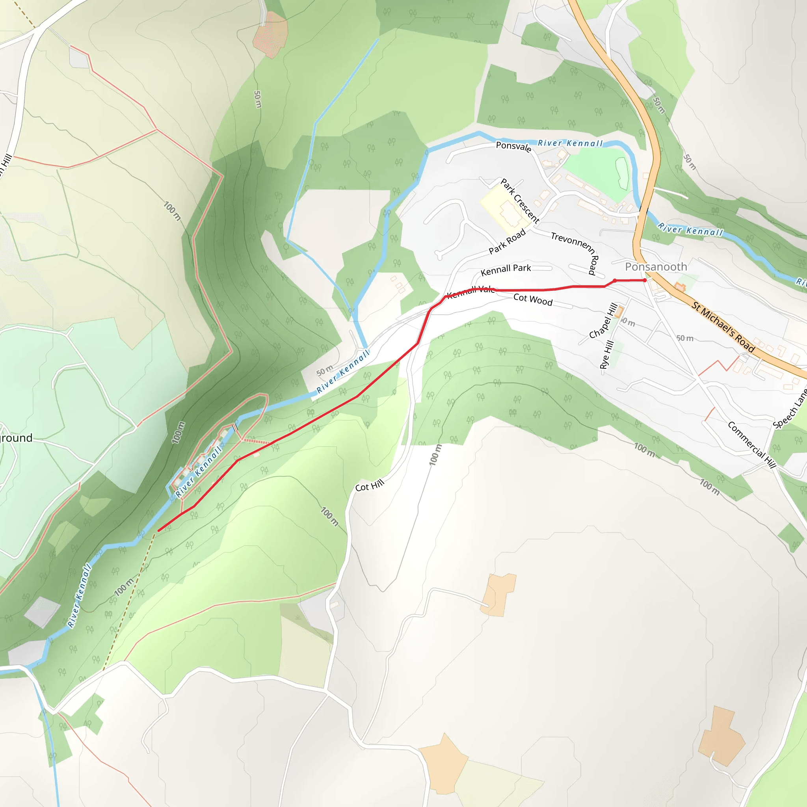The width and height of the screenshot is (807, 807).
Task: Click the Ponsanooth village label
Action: point(656,267)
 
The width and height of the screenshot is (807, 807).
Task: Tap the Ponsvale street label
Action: point(513,147)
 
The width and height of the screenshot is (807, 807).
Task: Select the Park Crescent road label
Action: point(520,201)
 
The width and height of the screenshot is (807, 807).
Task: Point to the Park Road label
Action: point(507,242)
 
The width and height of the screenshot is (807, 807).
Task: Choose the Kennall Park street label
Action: point(506,270)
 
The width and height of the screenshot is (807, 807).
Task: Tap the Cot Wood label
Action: point(533,299)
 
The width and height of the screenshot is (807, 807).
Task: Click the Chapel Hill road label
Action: point(603,321)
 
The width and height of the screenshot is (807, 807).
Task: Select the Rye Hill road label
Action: point(607,355)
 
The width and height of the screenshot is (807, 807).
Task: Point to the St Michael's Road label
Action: point(723,327)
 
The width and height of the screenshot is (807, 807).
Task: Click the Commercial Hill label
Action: point(751,445)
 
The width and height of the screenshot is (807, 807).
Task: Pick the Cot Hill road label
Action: point(370,486)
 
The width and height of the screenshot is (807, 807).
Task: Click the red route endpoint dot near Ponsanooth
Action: point(645,280)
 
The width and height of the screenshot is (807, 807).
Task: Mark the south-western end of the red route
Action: point(158,531)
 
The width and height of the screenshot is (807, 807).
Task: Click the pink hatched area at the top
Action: point(270,34)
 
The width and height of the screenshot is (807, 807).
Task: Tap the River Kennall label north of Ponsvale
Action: point(570,143)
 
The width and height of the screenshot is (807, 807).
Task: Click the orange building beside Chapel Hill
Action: point(619,312)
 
